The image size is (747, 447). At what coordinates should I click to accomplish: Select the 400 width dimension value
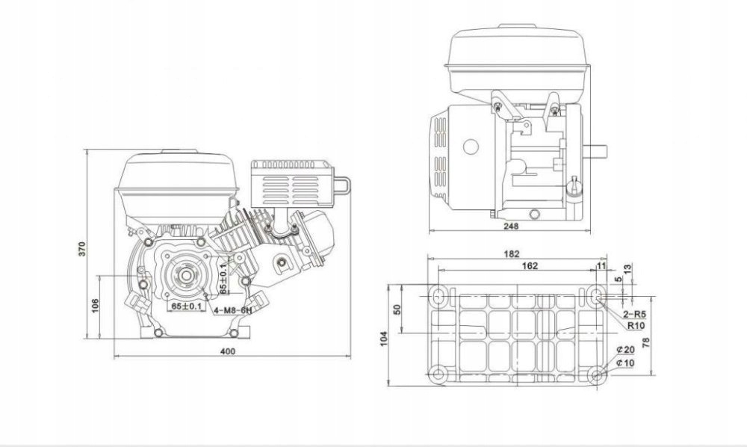click(229, 351)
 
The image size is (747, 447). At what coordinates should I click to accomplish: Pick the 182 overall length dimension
click(511, 254)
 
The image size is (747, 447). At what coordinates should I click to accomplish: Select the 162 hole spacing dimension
click(511, 266)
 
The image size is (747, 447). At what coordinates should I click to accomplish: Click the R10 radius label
click(636, 326)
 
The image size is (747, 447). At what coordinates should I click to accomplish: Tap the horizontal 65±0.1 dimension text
click(182, 306)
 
